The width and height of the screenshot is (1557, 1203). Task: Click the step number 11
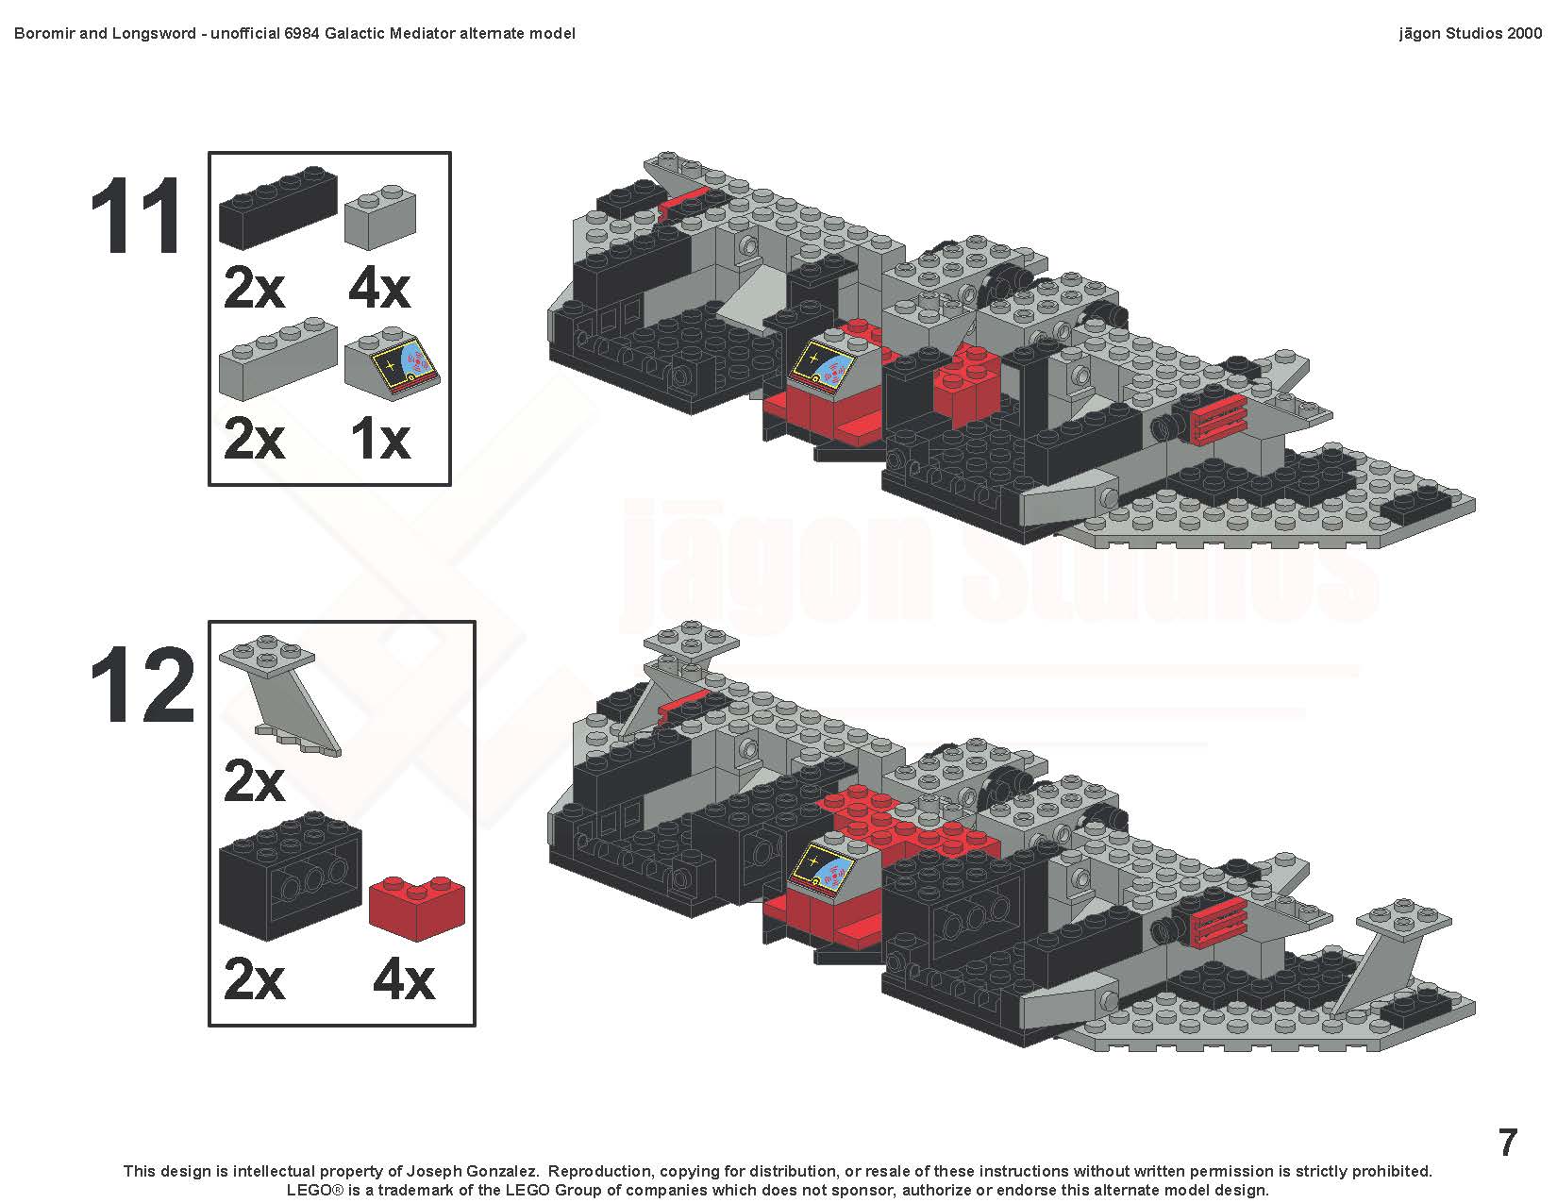point(136,216)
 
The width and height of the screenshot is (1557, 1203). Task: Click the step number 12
point(142,685)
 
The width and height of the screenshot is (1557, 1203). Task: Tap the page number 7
point(1508,1142)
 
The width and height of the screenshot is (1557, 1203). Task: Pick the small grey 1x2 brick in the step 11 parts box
point(379,217)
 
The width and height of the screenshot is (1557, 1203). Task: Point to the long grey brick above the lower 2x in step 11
point(278,359)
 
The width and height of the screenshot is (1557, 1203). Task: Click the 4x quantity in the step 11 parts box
point(379,290)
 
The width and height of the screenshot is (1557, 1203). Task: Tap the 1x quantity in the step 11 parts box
point(380,440)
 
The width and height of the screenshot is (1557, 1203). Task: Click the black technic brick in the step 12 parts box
point(291,876)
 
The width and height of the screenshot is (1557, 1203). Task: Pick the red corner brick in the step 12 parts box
point(417,908)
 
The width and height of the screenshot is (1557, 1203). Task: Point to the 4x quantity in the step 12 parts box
point(403,980)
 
